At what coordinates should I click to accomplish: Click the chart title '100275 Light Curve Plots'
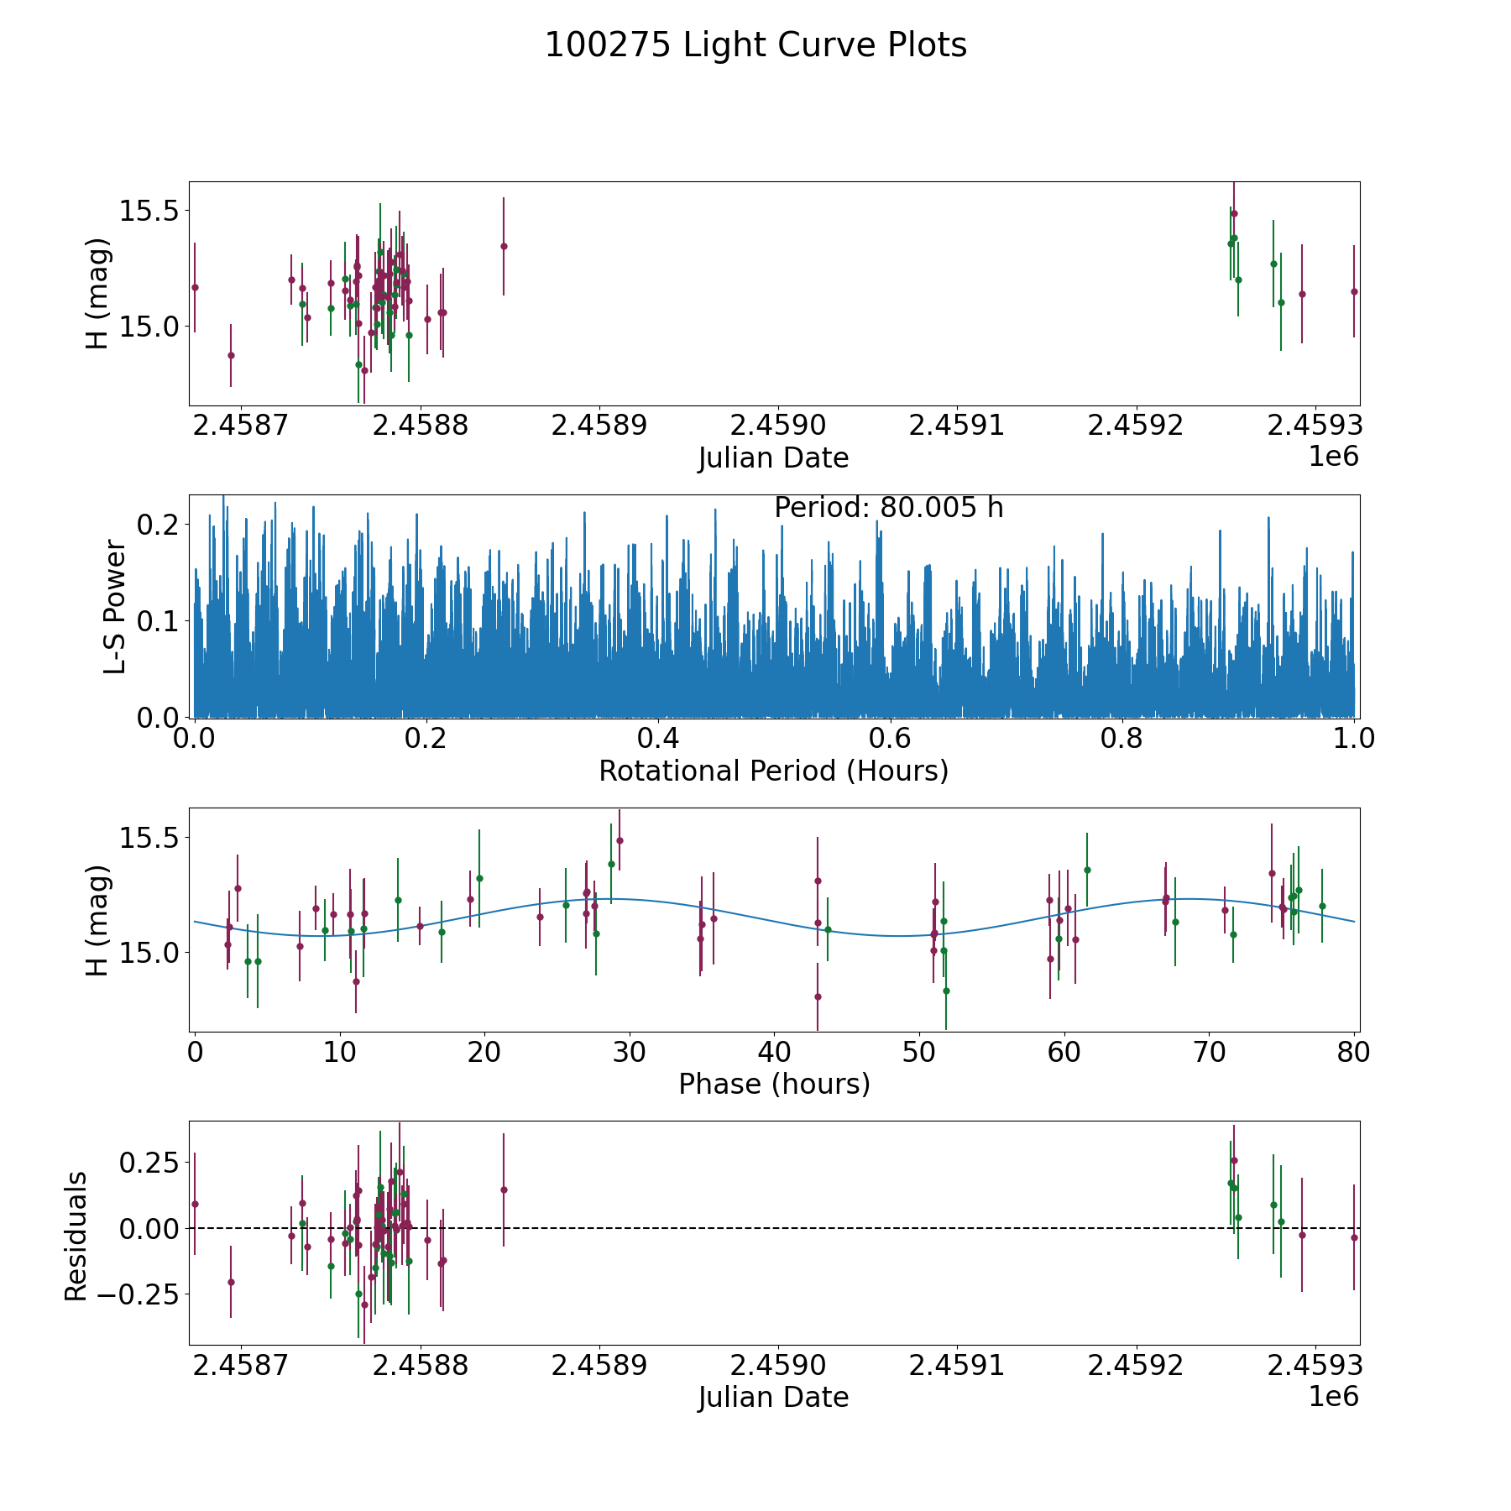click(755, 45)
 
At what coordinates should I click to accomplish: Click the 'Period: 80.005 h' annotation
click(889, 508)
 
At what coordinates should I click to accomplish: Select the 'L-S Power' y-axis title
click(115, 607)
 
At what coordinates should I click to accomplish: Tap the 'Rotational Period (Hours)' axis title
click(774, 771)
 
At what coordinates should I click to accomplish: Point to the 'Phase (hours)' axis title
click(774, 1084)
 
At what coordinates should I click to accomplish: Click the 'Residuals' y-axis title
click(76, 1236)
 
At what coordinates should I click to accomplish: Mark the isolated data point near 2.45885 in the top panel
click(504, 246)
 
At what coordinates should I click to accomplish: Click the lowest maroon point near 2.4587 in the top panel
click(231, 355)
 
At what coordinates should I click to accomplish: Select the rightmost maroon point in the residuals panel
click(1354, 1237)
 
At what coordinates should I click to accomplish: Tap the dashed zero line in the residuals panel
click(774, 1228)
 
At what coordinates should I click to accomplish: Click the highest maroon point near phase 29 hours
click(620, 840)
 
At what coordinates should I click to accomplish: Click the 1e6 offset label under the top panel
click(1334, 457)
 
